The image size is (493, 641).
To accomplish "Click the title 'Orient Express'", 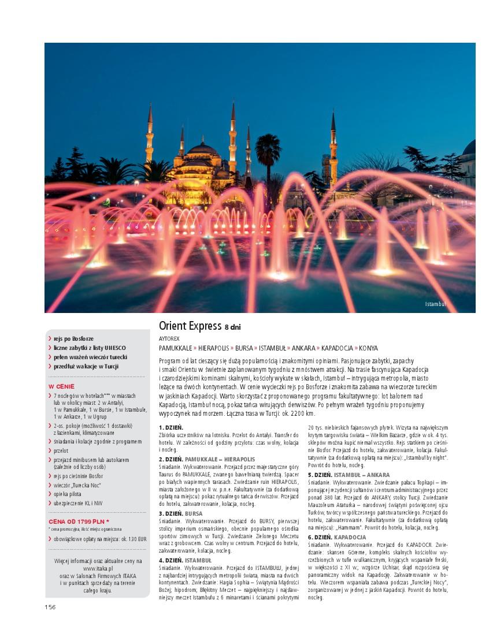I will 190,326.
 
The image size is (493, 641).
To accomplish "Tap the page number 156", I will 50,606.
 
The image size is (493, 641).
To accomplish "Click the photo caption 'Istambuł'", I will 436,304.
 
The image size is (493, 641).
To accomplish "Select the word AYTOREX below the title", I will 169,338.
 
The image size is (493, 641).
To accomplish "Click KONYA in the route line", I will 368,348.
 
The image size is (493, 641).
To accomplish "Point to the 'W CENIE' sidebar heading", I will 61,386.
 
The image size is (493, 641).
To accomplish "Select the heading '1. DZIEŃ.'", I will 170,427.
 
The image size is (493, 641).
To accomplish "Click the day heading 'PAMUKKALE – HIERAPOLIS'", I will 220,459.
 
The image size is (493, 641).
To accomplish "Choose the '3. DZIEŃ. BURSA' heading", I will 181,513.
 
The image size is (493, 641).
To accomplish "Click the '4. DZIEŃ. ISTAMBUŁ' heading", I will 185,560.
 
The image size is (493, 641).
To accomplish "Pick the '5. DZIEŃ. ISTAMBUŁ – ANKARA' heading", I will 349,475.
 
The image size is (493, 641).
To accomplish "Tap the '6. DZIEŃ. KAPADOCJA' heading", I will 336,537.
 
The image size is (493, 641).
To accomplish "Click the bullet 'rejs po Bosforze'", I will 73,338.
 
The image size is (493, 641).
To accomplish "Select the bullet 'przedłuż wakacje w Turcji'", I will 86,366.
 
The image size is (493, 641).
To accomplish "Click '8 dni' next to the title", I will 232,327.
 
